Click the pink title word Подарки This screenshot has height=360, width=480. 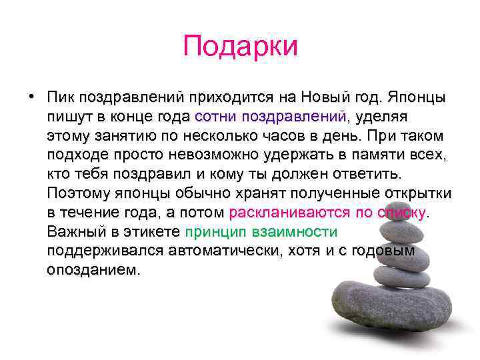click(240, 47)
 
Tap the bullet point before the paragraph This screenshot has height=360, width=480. click(31, 97)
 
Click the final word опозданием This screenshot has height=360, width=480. click(94, 271)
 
